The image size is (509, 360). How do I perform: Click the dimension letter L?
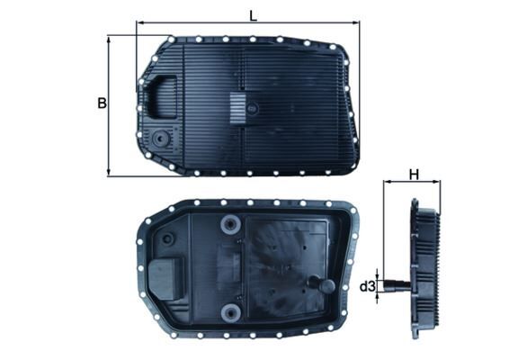pyautogui.click(x=253, y=15)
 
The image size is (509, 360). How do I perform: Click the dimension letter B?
pyautogui.click(x=102, y=103)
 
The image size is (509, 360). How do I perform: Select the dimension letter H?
pyautogui.click(x=414, y=175)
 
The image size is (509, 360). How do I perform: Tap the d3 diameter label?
pyautogui.click(x=367, y=287)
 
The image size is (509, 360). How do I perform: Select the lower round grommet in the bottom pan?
pyautogui.click(x=231, y=312)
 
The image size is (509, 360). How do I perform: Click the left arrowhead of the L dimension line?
pyautogui.click(x=139, y=25)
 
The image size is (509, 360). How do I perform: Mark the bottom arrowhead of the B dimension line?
pyautogui.click(x=109, y=172)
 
